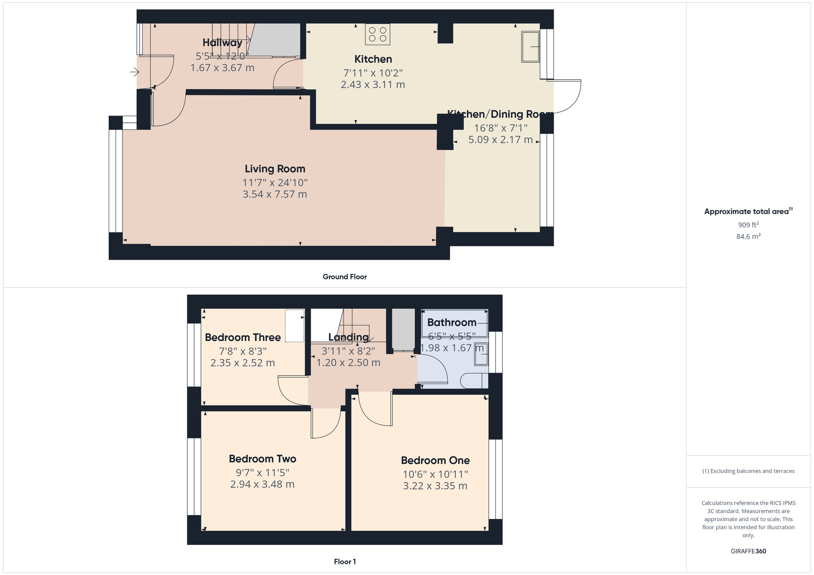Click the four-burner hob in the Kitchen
pyautogui.click(x=378, y=34)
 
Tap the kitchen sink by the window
pyautogui.click(x=530, y=47)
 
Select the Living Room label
pyautogui.click(x=275, y=169)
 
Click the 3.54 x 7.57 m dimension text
pyautogui.click(x=275, y=194)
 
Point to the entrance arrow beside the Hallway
pyautogui.click(x=134, y=72)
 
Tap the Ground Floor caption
pyautogui.click(x=345, y=277)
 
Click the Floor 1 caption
pyautogui.click(x=345, y=562)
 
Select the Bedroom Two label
pyautogui.click(x=263, y=459)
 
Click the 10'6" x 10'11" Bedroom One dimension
pyautogui.click(x=435, y=474)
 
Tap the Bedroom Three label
pyautogui.click(x=243, y=338)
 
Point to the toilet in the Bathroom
pyautogui.click(x=473, y=381)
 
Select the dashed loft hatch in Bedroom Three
pyautogui.click(x=295, y=326)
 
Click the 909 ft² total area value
pyautogui.click(x=748, y=225)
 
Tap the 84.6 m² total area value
pyautogui.click(x=748, y=236)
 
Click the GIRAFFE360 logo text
pyautogui.click(x=748, y=551)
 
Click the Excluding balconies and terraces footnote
pyautogui.click(x=748, y=471)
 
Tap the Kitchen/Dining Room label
pyautogui.click(x=500, y=114)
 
